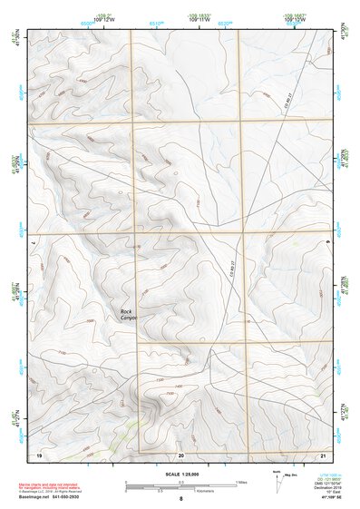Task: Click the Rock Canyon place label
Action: [x=126, y=315]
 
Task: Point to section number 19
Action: [x=39, y=454]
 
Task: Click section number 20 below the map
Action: [x=181, y=454]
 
